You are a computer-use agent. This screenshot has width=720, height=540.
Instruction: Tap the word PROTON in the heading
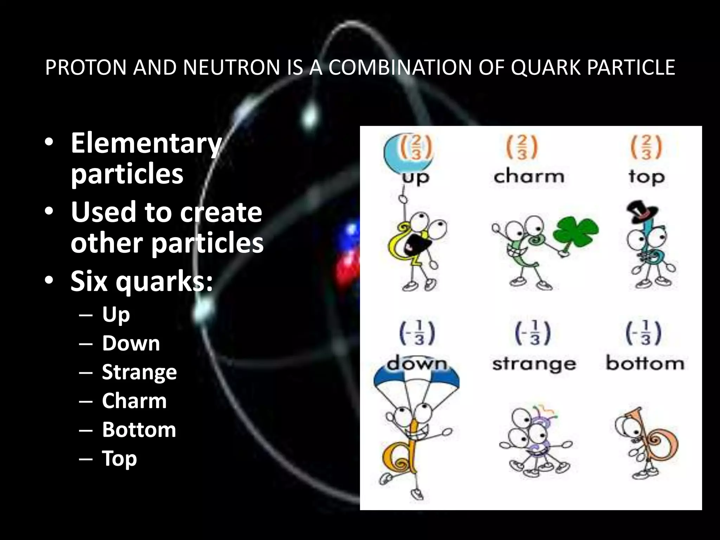[x=86, y=67]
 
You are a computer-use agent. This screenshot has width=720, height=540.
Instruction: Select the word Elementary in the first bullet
[x=146, y=143]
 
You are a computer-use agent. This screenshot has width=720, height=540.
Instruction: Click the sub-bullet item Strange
[x=139, y=372]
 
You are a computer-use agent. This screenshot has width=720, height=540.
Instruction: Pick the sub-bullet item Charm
[x=134, y=401]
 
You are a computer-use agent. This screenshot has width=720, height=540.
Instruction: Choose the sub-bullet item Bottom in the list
[x=139, y=430]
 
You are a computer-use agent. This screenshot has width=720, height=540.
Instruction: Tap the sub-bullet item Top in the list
[x=119, y=458]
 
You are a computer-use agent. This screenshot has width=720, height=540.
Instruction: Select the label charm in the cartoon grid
[x=529, y=176]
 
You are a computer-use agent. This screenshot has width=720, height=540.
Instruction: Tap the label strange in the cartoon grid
[x=534, y=364]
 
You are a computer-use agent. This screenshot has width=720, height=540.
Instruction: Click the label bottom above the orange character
[x=645, y=364]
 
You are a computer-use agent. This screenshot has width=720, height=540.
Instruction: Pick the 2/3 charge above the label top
[x=646, y=147]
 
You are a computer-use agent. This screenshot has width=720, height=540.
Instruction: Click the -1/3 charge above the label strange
[x=533, y=333]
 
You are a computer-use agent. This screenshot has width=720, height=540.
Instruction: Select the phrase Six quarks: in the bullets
[x=142, y=281]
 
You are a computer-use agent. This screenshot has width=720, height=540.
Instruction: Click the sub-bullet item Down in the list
[x=131, y=343]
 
